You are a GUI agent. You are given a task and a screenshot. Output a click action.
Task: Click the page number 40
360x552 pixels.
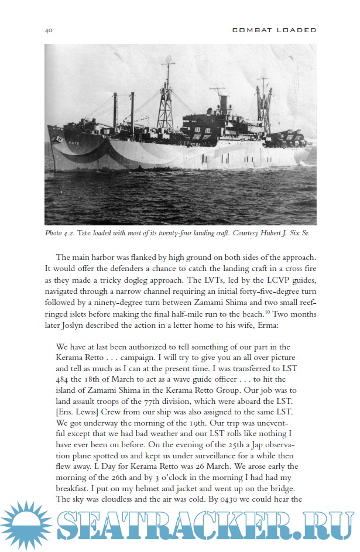pos(49,30)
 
